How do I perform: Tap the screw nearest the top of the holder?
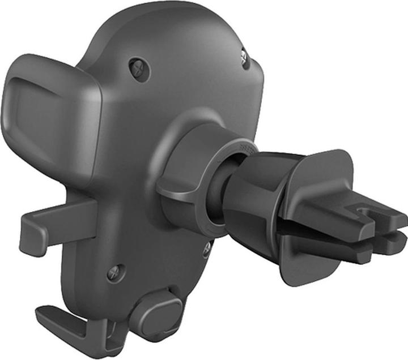pos(139,69)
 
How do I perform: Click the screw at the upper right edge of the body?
pos(245,58)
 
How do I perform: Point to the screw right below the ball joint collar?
pos(207,247)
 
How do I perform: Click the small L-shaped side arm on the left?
pos(51,226)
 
